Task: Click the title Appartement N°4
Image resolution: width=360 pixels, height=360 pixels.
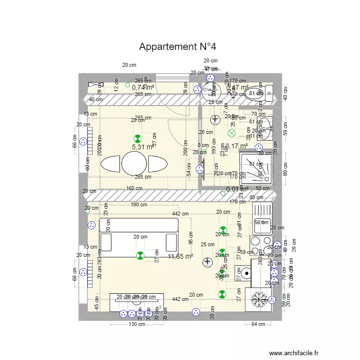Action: click(x=178, y=47)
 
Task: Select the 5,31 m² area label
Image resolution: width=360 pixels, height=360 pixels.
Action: click(x=143, y=147)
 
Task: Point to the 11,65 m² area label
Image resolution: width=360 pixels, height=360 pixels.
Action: click(x=180, y=257)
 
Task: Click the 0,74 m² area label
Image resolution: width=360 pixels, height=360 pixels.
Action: click(x=143, y=87)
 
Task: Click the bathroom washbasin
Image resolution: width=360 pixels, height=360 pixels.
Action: click(x=264, y=128)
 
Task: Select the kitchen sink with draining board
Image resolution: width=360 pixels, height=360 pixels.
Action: click(x=263, y=218)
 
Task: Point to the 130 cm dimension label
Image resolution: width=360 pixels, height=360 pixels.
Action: click(x=136, y=324)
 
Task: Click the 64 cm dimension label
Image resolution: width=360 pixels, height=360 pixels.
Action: click(x=258, y=324)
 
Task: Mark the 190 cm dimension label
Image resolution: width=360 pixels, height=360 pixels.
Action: click(x=139, y=205)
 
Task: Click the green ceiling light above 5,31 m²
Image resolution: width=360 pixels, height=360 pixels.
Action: click(x=138, y=137)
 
